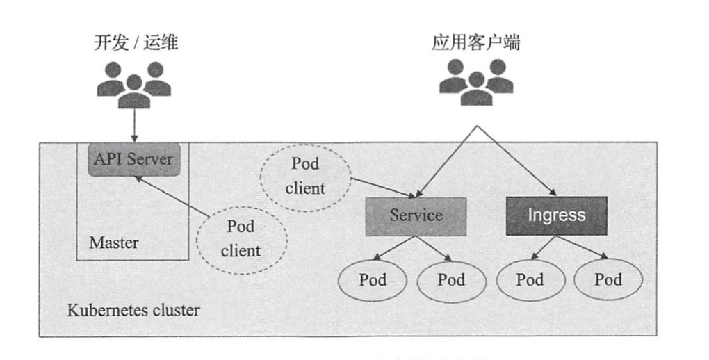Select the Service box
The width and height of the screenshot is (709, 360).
click(x=416, y=215)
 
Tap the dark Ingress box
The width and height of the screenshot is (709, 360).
click(x=556, y=215)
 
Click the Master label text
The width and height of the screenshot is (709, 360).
click(x=113, y=243)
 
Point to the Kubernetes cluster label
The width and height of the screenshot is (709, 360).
click(x=133, y=310)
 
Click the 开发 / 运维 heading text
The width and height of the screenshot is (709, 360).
click(x=136, y=43)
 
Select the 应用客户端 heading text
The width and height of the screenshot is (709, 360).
click(x=476, y=43)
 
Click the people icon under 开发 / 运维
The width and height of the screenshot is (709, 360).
click(x=134, y=85)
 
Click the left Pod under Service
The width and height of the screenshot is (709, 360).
click(x=373, y=280)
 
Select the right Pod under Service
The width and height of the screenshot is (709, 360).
click(x=451, y=280)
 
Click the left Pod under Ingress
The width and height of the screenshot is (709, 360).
click(x=530, y=280)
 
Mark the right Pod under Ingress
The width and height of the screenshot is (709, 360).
click(x=608, y=280)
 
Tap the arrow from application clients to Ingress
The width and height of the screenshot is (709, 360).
click(x=518, y=161)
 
